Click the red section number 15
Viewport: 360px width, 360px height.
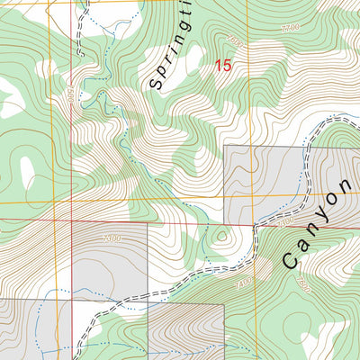pos(223,66)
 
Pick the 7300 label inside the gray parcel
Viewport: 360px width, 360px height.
pos(112,238)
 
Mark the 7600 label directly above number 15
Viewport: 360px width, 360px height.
pos(236,41)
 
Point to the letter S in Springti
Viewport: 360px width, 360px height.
pos(156,85)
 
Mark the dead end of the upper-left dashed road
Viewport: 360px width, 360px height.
pos(87,3)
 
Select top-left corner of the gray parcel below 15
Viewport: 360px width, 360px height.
pos(224,146)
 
